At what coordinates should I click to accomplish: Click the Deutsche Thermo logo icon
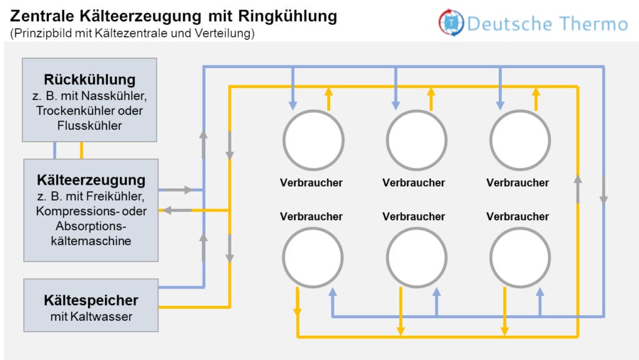point(451,22)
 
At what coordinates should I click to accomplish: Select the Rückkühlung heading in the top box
point(90,80)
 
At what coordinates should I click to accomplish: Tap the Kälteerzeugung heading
point(91,180)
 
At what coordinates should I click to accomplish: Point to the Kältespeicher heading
point(91,300)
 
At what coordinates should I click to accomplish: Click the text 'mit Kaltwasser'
point(91,317)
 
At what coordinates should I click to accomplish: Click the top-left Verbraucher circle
point(313,140)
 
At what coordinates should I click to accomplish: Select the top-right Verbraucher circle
point(519,140)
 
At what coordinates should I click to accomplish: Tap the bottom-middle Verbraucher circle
point(416,258)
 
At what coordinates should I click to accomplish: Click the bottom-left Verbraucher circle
point(313,258)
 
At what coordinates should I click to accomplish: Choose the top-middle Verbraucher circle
point(416,140)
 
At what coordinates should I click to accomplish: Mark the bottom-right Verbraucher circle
point(519,258)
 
